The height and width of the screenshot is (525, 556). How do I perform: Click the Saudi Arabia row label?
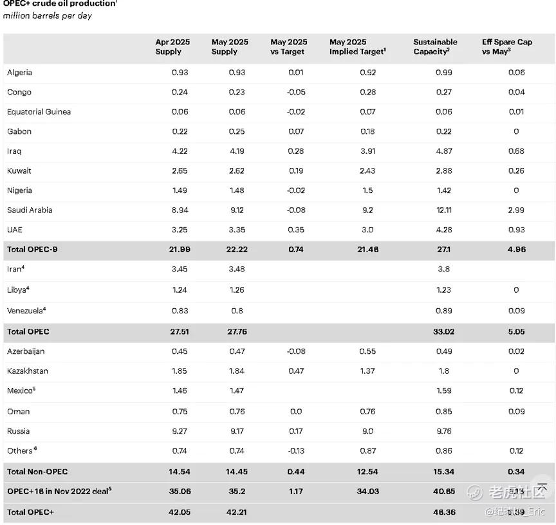click(30, 210)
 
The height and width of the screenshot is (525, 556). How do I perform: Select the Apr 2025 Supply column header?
click(172, 47)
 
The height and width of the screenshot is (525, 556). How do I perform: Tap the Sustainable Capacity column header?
click(435, 47)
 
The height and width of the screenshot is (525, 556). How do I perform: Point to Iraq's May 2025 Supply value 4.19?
click(237, 151)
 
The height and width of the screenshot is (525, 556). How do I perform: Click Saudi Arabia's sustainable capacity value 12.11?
click(443, 210)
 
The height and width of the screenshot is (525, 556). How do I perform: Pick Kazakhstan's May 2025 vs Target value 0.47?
click(296, 371)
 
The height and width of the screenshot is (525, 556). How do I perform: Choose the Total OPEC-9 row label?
click(32, 249)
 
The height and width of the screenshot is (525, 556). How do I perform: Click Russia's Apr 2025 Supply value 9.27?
click(180, 431)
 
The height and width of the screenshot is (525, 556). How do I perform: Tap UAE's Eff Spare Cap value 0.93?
click(515, 230)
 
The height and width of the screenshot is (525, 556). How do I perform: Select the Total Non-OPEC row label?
click(38, 472)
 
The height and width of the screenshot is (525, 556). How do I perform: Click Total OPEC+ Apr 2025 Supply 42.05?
click(179, 512)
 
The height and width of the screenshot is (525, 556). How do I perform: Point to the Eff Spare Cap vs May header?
click(506, 47)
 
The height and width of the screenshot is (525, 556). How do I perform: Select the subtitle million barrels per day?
click(48, 16)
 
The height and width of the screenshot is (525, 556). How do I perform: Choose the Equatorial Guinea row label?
click(39, 112)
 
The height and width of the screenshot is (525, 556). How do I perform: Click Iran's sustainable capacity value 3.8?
click(443, 269)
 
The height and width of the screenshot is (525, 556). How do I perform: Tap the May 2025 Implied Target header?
click(357, 47)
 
